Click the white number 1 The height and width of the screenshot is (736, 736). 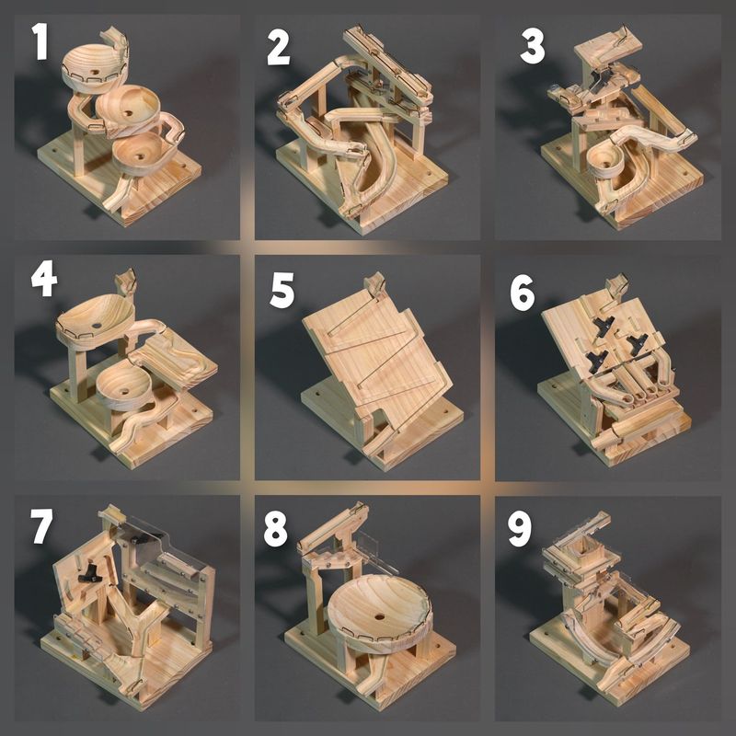39,43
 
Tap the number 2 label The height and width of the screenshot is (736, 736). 279,47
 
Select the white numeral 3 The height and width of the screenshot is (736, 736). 532,46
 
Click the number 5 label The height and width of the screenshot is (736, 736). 282,290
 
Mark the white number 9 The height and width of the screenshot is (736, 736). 520,529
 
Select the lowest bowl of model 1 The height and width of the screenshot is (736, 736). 140,153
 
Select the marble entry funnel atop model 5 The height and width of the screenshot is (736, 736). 375,284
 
